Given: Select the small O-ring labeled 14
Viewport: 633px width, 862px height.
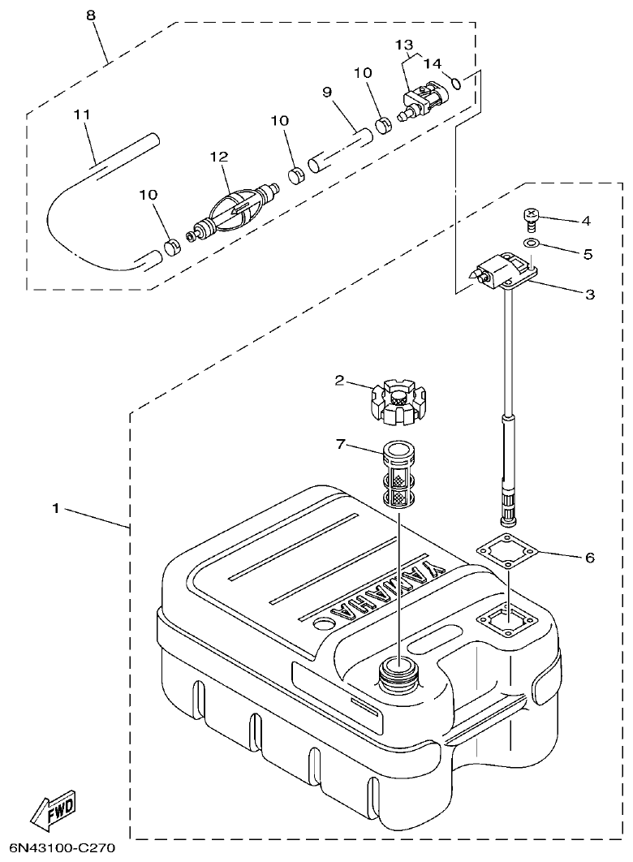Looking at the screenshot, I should click(456, 81).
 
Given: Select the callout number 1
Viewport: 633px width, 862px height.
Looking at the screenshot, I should click(56, 509).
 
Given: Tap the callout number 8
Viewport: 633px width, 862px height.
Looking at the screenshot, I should click(90, 15).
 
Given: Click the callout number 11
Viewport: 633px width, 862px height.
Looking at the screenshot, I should click(80, 114).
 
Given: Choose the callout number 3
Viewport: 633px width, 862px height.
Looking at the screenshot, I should click(589, 294).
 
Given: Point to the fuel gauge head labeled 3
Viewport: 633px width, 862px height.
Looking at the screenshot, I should click(503, 271).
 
